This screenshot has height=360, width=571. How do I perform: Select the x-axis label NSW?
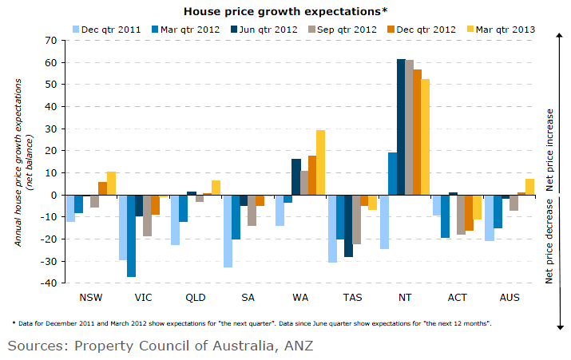pyautogui.click(x=91, y=298)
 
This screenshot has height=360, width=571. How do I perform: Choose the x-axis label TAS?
pyautogui.click(x=352, y=298)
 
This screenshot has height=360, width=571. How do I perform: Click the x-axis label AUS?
pyautogui.click(x=509, y=298)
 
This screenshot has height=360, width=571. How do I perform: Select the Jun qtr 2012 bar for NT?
pyautogui.click(x=402, y=127)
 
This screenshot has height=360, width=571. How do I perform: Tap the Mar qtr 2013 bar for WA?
pyautogui.click(x=320, y=163)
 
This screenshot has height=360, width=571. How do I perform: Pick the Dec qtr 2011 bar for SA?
pyautogui.click(x=227, y=231)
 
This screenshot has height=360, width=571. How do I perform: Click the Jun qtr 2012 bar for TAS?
pyautogui.click(x=349, y=226)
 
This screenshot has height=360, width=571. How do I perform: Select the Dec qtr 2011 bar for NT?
pyautogui.click(x=384, y=222)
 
